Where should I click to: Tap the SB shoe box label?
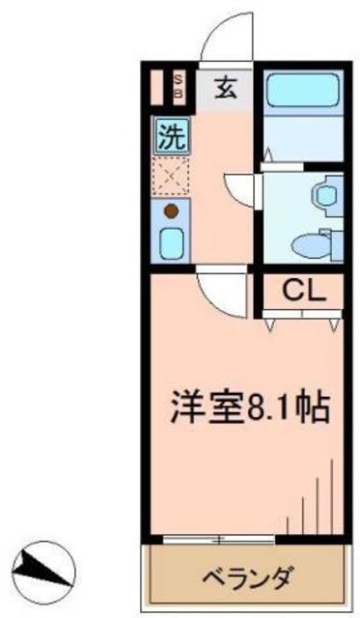(x=179, y=86)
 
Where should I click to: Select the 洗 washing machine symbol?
(x=169, y=136)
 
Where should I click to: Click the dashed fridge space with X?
(x=170, y=176)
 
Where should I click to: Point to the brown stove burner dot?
(x=171, y=211)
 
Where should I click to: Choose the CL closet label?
(x=301, y=288)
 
